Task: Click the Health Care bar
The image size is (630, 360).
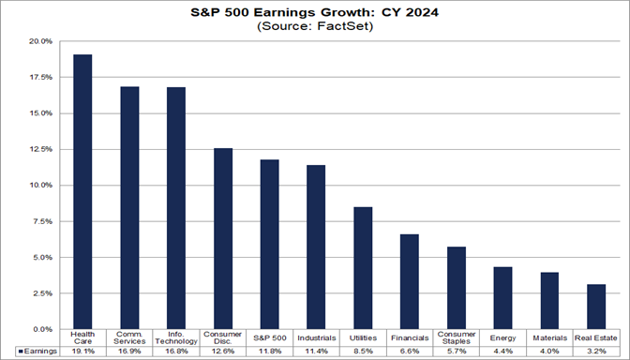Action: click(x=82, y=192)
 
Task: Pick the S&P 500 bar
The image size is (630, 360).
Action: click(x=269, y=245)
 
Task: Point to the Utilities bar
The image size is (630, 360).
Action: click(x=363, y=268)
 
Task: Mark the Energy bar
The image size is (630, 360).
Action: click(x=502, y=298)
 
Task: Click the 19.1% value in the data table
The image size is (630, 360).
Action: click(x=82, y=351)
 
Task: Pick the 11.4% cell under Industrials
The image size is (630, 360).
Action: click(x=316, y=351)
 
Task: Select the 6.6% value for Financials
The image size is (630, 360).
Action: click(x=409, y=351)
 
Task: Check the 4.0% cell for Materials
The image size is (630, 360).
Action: click(x=548, y=351)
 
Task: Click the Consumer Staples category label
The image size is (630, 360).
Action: click(x=456, y=337)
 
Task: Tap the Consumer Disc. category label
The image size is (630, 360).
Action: click(x=223, y=337)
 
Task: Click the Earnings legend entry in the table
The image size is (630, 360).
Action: click(x=33, y=351)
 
